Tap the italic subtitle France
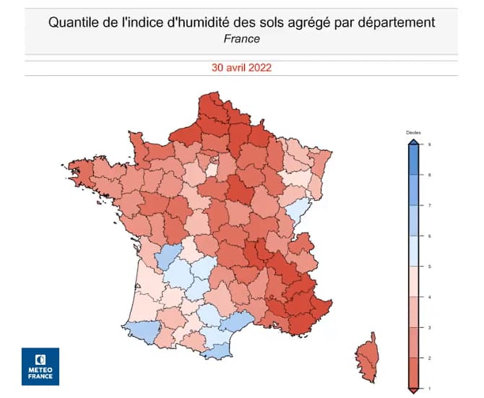click(x=241, y=38)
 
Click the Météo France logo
click(x=40, y=366)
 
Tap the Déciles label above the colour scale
click(x=412, y=134)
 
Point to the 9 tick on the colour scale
click(x=430, y=145)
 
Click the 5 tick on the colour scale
click(x=430, y=267)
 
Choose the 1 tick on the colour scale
click(x=430, y=389)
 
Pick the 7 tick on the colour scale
click(x=430, y=206)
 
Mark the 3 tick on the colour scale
click(x=430, y=328)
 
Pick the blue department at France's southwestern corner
click(x=140, y=330)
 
